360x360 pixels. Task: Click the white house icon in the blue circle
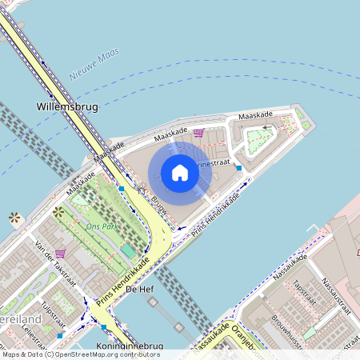click(180, 173)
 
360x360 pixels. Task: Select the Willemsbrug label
click(63, 105)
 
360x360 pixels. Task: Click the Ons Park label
click(99, 226)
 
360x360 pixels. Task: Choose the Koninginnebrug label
click(129, 346)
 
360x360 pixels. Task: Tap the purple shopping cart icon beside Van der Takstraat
click(60, 253)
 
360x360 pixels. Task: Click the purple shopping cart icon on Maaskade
click(198, 133)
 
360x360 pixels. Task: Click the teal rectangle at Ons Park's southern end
click(128, 250)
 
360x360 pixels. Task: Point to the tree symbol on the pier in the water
click(14, 217)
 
